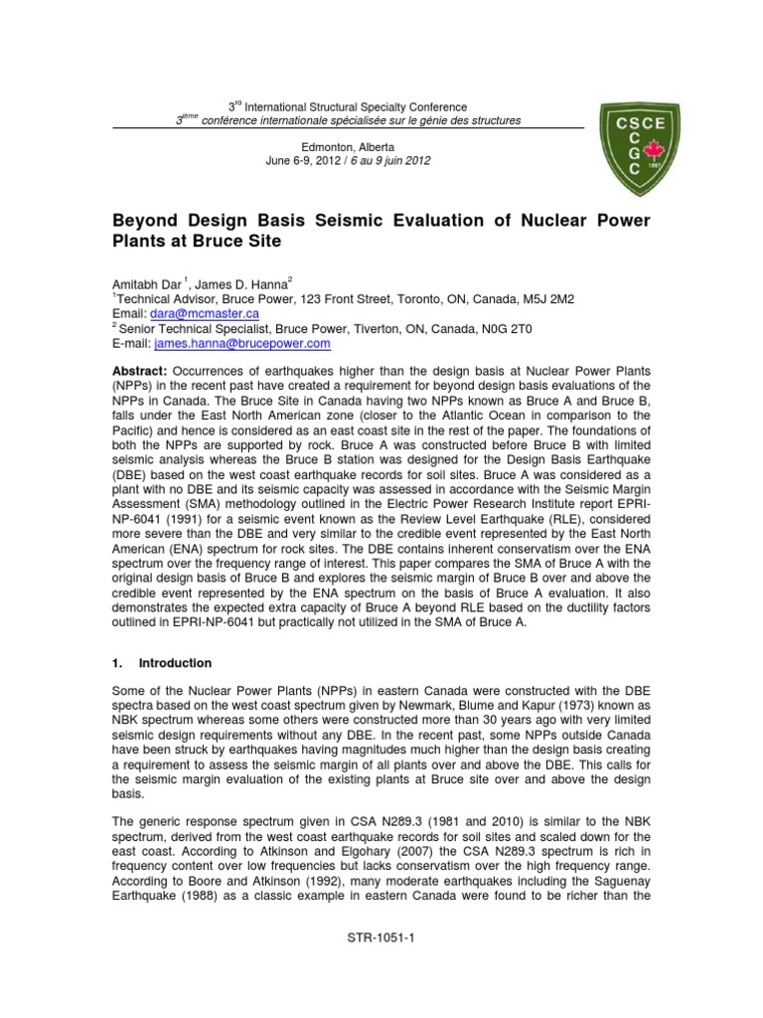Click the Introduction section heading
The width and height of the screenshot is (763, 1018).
[x=174, y=662]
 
